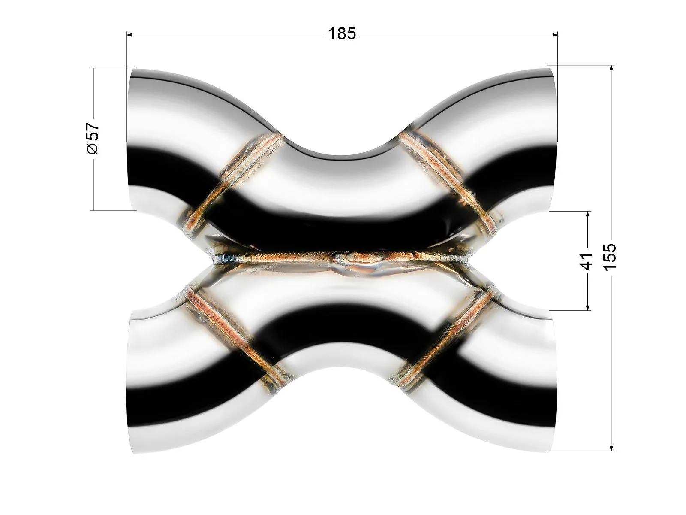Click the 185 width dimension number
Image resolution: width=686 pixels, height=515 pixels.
click(x=342, y=34)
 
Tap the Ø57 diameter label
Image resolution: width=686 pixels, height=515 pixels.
click(x=93, y=139)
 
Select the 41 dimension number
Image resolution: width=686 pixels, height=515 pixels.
click(x=585, y=261)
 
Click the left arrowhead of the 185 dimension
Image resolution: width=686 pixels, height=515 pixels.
click(x=129, y=35)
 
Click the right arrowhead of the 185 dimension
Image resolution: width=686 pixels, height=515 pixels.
click(x=554, y=35)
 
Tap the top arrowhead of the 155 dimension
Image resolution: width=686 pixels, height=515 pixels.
click(x=612, y=68)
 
